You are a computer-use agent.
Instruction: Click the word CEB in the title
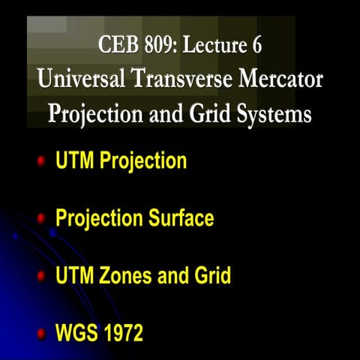click(118, 44)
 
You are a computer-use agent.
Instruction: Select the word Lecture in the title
click(214, 44)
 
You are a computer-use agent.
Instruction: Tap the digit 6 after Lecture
click(257, 44)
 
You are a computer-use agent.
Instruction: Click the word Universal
click(81, 79)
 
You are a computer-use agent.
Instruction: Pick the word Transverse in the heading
click(182, 79)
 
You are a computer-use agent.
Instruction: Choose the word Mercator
click(280, 79)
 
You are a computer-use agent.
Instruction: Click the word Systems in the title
click(274, 114)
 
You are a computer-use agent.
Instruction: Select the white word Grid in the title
click(210, 113)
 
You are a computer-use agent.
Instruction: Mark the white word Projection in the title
click(95, 114)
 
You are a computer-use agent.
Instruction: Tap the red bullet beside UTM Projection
click(41, 160)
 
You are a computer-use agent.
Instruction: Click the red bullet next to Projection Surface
click(41, 219)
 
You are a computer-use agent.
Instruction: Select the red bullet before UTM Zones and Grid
click(41, 276)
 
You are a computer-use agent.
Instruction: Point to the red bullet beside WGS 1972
click(41, 334)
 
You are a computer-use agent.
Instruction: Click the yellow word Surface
click(181, 217)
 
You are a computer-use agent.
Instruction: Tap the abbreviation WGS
click(76, 333)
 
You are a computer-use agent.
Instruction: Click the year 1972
click(124, 333)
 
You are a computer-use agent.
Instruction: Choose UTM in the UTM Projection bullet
click(75, 160)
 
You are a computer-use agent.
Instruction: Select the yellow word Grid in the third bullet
click(213, 275)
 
